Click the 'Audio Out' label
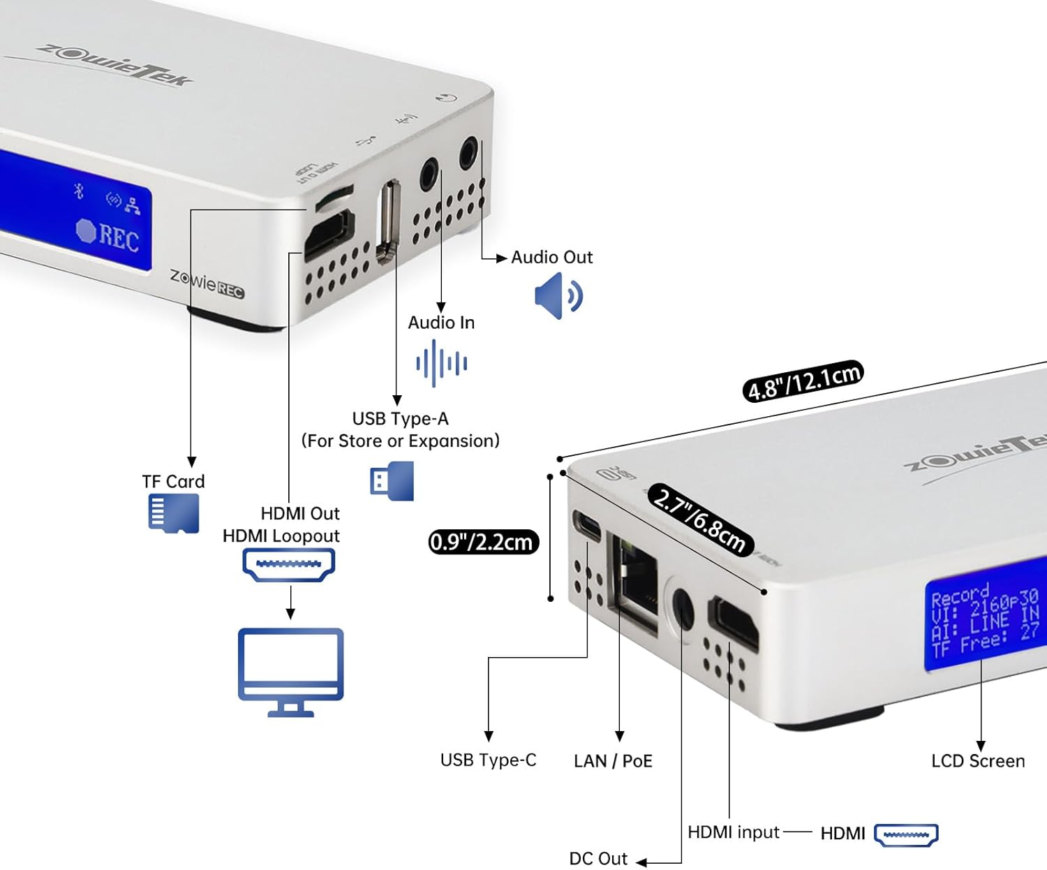pyautogui.click(x=551, y=258)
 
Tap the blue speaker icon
pyautogui.click(x=558, y=296)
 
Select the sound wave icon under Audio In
pyautogui.click(x=441, y=363)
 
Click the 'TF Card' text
pyautogui.click(x=173, y=482)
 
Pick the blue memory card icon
pyautogui.click(x=174, y=514)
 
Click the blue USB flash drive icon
pyautogui.click(x=392, y=481)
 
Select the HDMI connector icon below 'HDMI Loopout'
pyautogui.click(x=288, y=565)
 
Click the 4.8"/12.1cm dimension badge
pyautogui.click(x=803, y=381)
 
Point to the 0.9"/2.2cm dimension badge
pyautogui.click(x=483, y=542)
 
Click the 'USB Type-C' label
pyautogui.click(x=488, y=760)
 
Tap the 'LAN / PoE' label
pyautogui.click(x=613, y=761)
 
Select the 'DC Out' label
pyautogui.click(x=598, y=858)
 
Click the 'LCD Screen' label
pyautogui.click(x=978, y=761)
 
